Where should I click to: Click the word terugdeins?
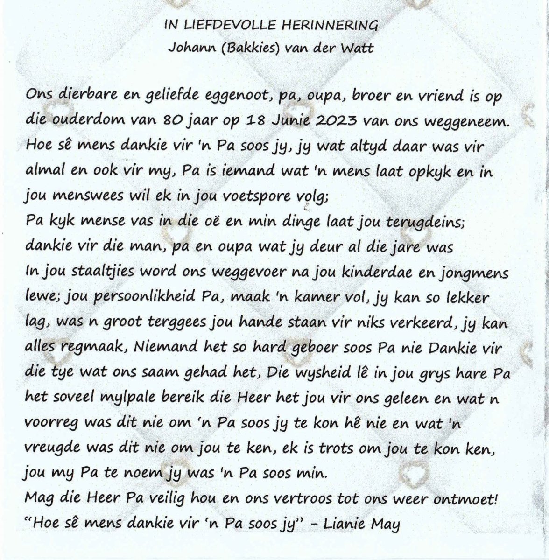[x=424, y=221]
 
